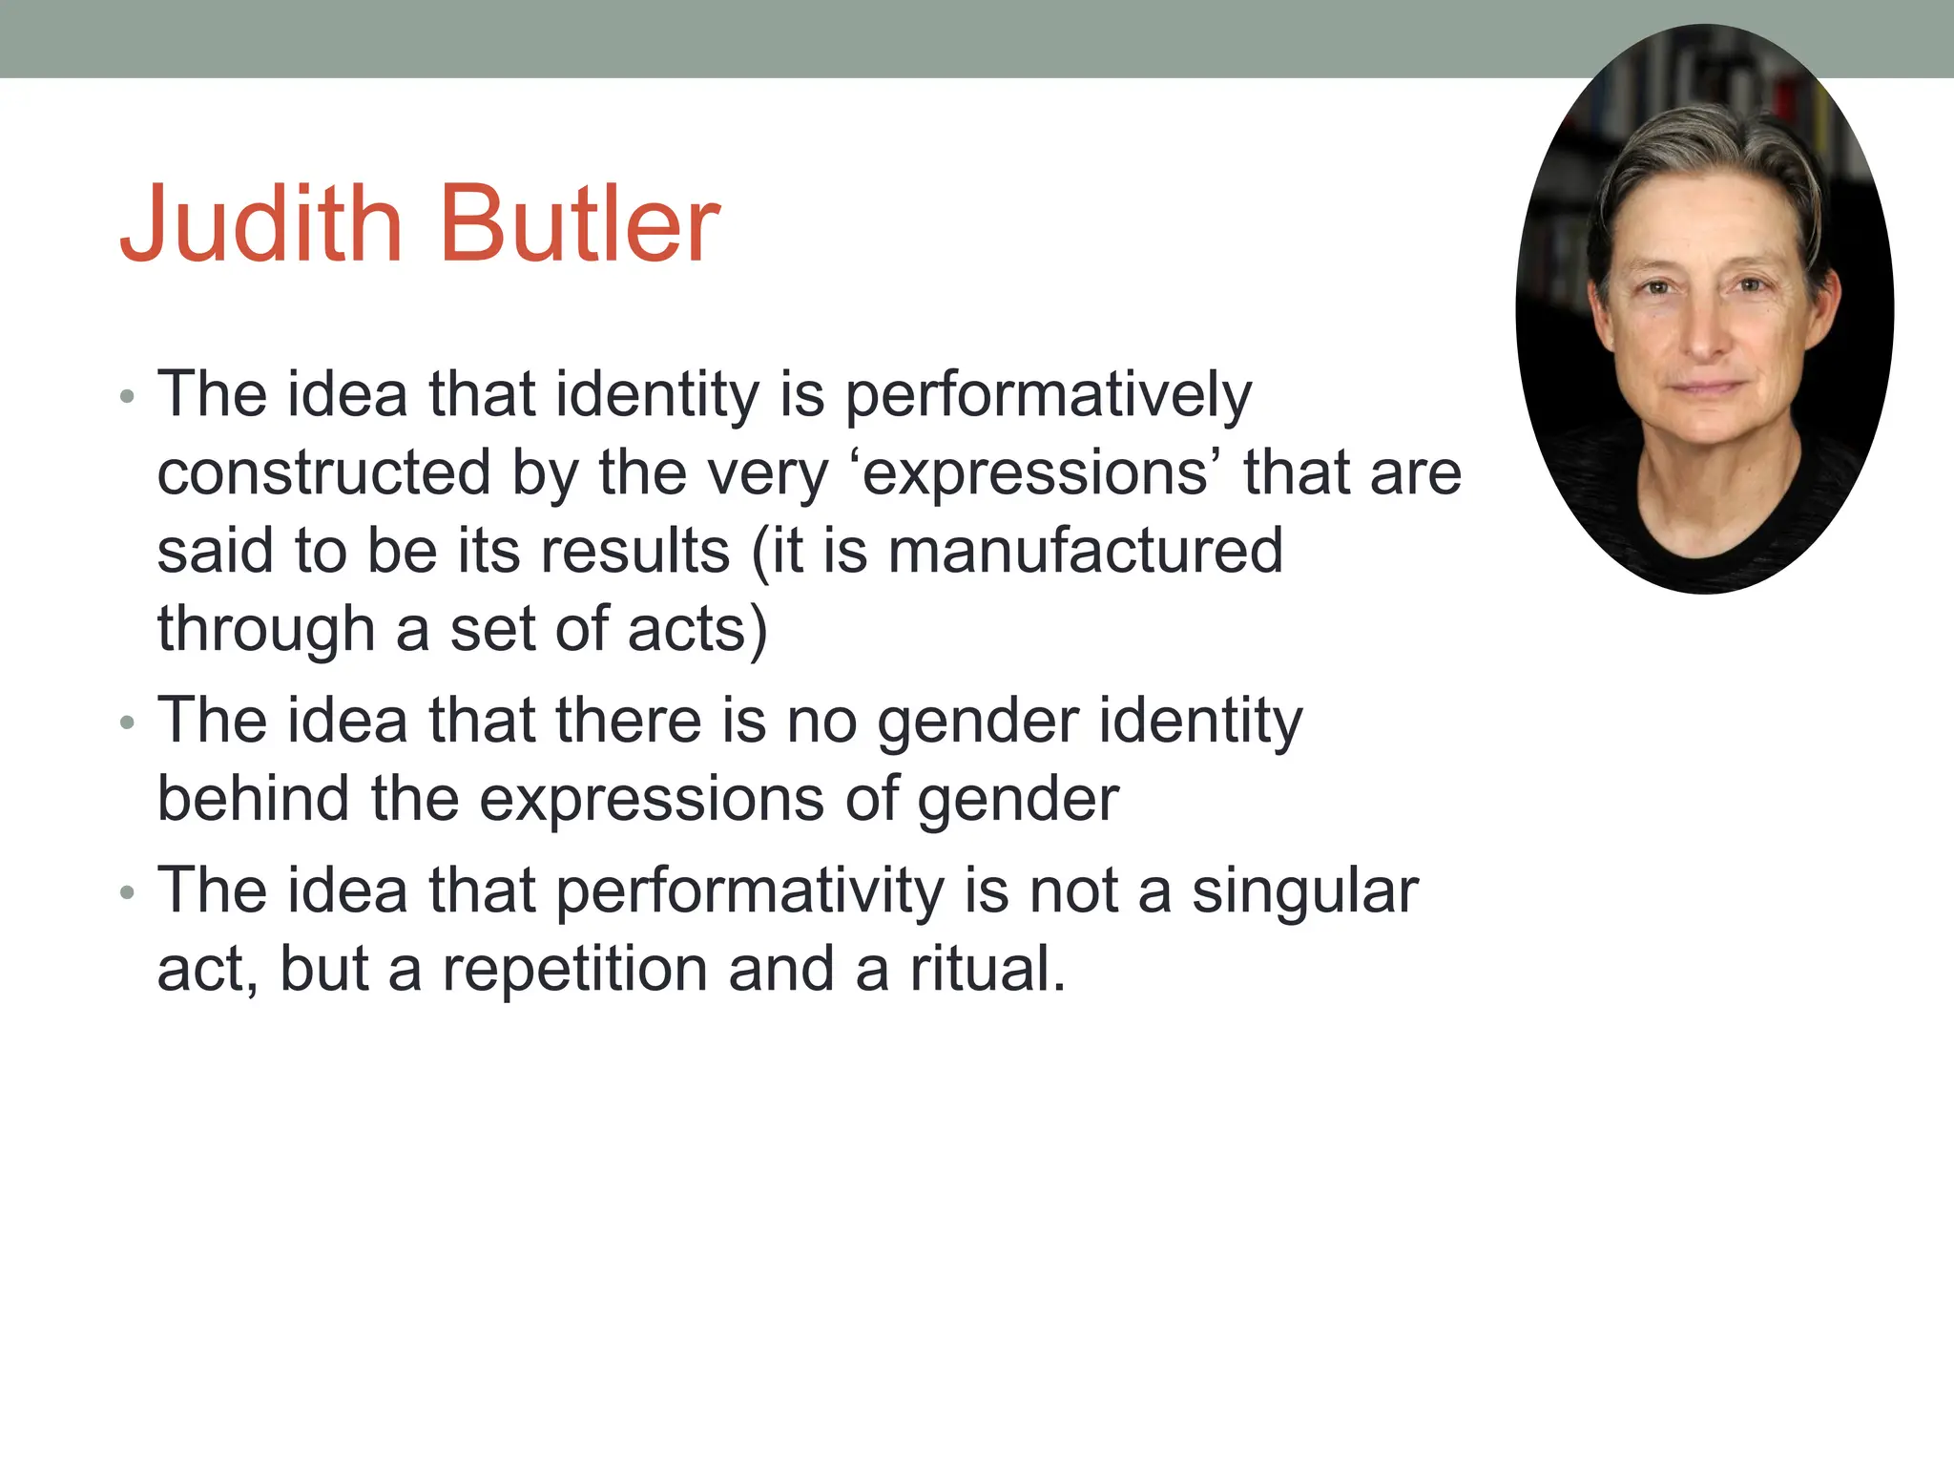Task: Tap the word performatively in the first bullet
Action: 1048,394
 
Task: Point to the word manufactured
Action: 1085,552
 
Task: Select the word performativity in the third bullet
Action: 749,890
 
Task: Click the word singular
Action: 1304,890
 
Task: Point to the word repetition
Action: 575,969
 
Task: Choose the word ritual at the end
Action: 987,969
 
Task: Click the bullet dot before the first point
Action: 128,396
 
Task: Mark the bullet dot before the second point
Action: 128,723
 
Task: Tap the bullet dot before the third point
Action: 128,893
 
